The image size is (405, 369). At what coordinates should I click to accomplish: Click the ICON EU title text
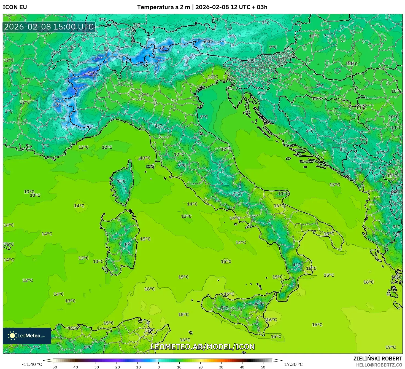tap(15, 7)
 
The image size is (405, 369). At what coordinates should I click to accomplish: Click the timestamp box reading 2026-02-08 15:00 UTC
tap(49, 27)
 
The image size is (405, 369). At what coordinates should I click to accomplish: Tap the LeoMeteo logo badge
tap(27, 336)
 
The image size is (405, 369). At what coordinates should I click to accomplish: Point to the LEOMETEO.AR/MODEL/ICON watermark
tap(202, 347)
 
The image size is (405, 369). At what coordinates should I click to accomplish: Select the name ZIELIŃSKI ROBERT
tap(377, 359)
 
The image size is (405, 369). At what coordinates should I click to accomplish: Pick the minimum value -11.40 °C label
tap(32, 364)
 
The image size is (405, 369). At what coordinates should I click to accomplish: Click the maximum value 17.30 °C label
tap(293, 364)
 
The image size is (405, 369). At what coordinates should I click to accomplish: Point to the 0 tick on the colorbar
tap(158, 367)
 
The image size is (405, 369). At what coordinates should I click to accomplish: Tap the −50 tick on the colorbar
tap(54, 367)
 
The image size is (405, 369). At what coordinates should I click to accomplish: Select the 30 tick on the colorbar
tap(221, 367)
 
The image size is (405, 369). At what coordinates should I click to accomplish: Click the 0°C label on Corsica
tap(121, 181)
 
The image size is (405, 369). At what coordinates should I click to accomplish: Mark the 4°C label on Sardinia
tap(128, 244)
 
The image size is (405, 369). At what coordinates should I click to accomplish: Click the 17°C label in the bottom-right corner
tap(390, 347)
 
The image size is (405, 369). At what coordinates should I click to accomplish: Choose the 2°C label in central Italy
tap(236, 194)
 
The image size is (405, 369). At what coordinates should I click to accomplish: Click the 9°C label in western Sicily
tap(225, 308)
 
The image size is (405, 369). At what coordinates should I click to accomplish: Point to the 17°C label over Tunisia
tap(150, 330)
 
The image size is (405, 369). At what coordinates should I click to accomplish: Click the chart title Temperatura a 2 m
tap(164, 7)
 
